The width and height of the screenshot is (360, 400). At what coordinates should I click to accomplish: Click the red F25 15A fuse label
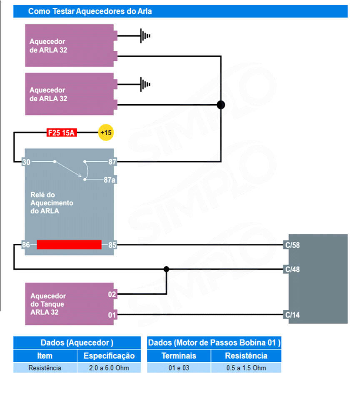[61, 133]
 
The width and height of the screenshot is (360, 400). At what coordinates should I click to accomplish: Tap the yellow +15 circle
[106, 133]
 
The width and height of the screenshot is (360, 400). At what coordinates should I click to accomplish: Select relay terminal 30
[26, 162]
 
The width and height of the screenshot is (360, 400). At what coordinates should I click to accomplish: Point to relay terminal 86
[26, 245]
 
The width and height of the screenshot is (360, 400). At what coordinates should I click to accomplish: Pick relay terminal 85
[112, 245]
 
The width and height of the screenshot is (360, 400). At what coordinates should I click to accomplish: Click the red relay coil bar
[69, 245]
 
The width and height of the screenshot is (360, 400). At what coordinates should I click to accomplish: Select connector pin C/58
[292, 245]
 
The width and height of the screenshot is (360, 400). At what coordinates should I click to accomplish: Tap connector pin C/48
[292, 269]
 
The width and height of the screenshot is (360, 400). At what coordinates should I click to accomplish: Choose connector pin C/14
[292, 315]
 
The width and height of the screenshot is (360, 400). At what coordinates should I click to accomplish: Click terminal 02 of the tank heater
[112, 295]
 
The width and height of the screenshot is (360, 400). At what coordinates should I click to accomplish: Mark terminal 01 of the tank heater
[112, 315]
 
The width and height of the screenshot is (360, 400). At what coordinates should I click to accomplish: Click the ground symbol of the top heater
[145, 36]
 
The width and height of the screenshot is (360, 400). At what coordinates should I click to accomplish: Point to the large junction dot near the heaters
[221, 105]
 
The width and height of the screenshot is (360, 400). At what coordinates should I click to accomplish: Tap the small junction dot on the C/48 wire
[166, 269]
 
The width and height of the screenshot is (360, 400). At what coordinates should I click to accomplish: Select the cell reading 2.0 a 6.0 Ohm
[109, 368]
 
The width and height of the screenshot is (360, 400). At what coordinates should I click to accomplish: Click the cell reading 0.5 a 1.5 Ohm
[246, 368]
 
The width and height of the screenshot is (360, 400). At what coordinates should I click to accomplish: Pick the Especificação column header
[109, 356]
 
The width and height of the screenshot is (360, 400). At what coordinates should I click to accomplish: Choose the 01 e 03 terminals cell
[179, 368]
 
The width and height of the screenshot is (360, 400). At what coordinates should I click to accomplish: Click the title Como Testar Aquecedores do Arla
[90, 11]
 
